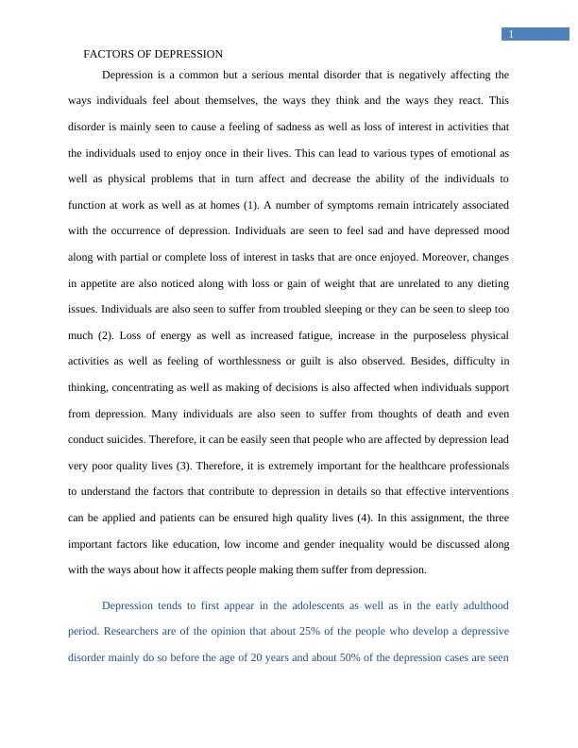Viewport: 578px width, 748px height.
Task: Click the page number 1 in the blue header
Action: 511,35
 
